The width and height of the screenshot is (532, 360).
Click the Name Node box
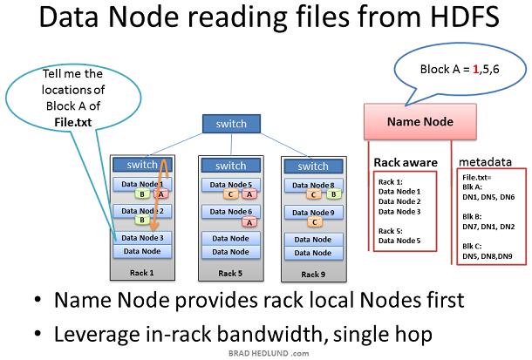(420, 122)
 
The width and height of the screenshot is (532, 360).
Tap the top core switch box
(231, 124)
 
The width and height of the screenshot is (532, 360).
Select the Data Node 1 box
(142, 184)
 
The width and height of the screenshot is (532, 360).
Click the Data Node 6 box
(231, 212)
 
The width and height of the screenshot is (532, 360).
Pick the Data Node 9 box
(313, 213)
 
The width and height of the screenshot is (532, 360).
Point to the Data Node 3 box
(142, 238)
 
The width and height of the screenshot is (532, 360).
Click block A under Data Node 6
(249, 223)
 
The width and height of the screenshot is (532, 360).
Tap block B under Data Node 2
(142, 220)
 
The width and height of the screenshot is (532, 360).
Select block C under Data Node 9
(315, 222)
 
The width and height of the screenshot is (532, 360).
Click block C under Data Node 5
(231, 194)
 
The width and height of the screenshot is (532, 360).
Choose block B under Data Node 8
(333, 194)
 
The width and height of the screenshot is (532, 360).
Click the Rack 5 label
(230, 273)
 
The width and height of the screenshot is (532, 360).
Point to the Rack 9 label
(313, 275)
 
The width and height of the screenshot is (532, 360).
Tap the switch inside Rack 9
(313, 166)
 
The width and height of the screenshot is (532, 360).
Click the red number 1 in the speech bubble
(475, 70)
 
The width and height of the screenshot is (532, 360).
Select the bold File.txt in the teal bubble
(73, 122)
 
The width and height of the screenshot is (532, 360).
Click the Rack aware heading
(406, 163)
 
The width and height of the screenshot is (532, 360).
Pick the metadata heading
(485, 162)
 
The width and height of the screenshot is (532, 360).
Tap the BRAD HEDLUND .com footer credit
(269, 353)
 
